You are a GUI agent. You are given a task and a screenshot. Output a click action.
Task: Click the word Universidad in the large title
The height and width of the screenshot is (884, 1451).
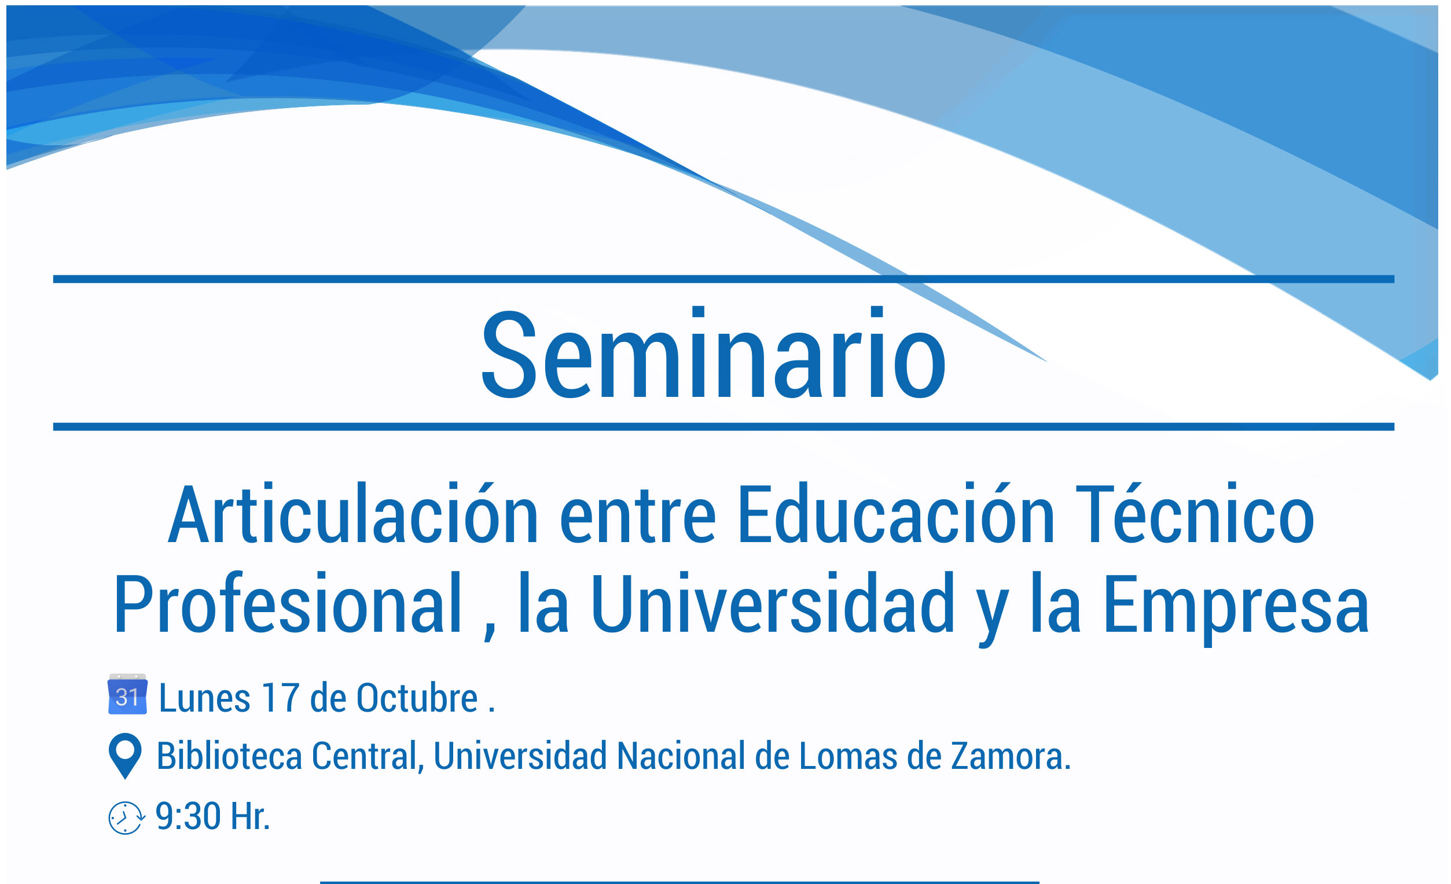[x=773, y=603]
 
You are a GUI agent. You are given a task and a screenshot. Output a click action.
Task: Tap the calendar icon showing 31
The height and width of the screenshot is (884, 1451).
[x=127, y=694]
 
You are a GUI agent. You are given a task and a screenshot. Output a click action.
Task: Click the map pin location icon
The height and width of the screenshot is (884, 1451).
[x=126, y=756]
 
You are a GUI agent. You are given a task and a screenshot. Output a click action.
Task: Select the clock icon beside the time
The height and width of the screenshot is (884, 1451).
[x=126, y=817]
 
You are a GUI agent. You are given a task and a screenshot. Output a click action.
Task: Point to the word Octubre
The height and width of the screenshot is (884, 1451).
[x=417, y=698]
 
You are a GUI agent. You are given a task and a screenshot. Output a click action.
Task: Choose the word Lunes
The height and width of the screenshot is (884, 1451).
[x=205, y=698]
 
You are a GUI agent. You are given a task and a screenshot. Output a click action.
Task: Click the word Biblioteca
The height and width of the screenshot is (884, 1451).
[x=229, y=756]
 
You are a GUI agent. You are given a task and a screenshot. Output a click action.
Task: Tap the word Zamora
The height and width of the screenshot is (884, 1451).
[x=1011, y=756]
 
